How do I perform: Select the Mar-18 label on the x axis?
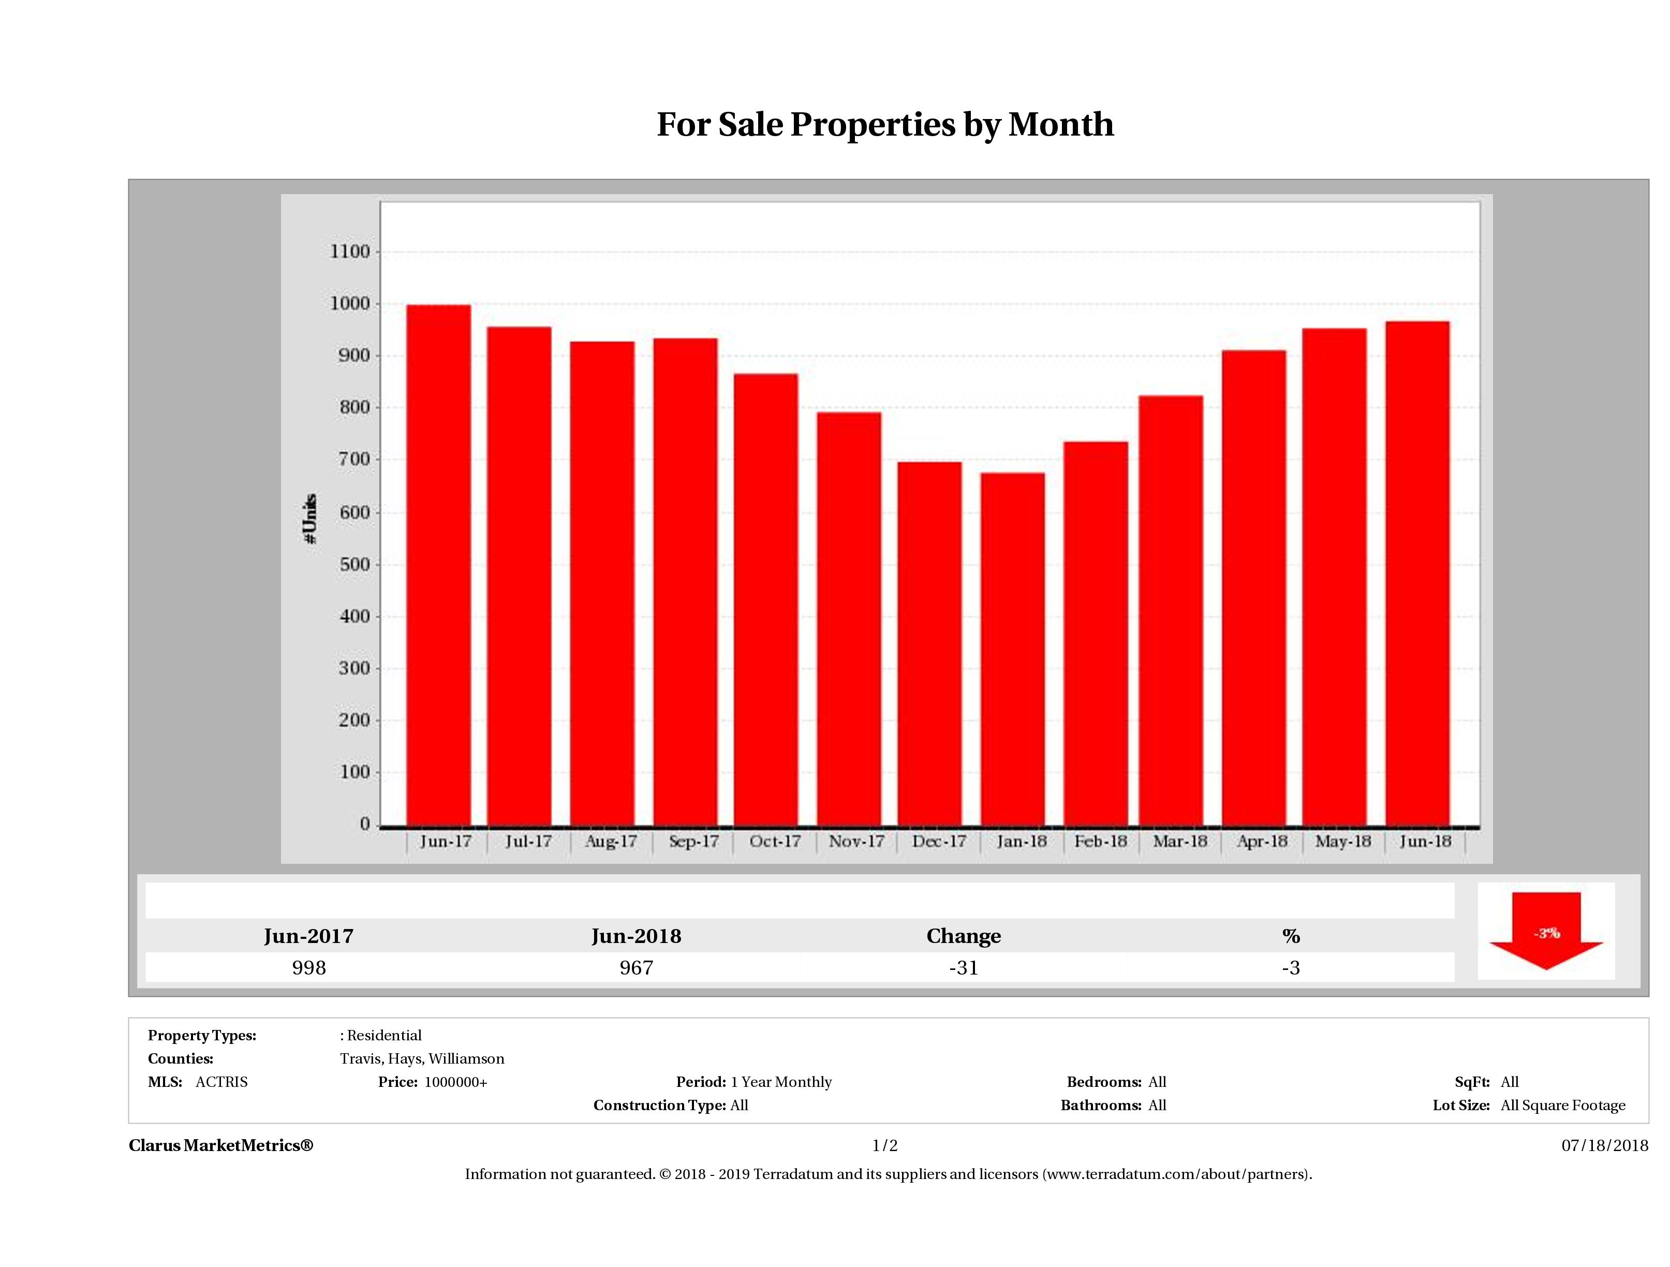1179,841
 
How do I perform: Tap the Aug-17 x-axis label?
611,841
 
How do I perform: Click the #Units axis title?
311,519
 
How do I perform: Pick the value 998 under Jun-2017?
309,968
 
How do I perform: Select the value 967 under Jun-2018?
637,968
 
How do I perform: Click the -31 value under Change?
964,968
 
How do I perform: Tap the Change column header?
964,936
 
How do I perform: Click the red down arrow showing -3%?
1545,933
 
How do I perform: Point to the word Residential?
385,1035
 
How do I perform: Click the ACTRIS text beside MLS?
221,1082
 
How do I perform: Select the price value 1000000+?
456,1082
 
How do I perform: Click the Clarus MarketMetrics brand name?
220,1145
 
